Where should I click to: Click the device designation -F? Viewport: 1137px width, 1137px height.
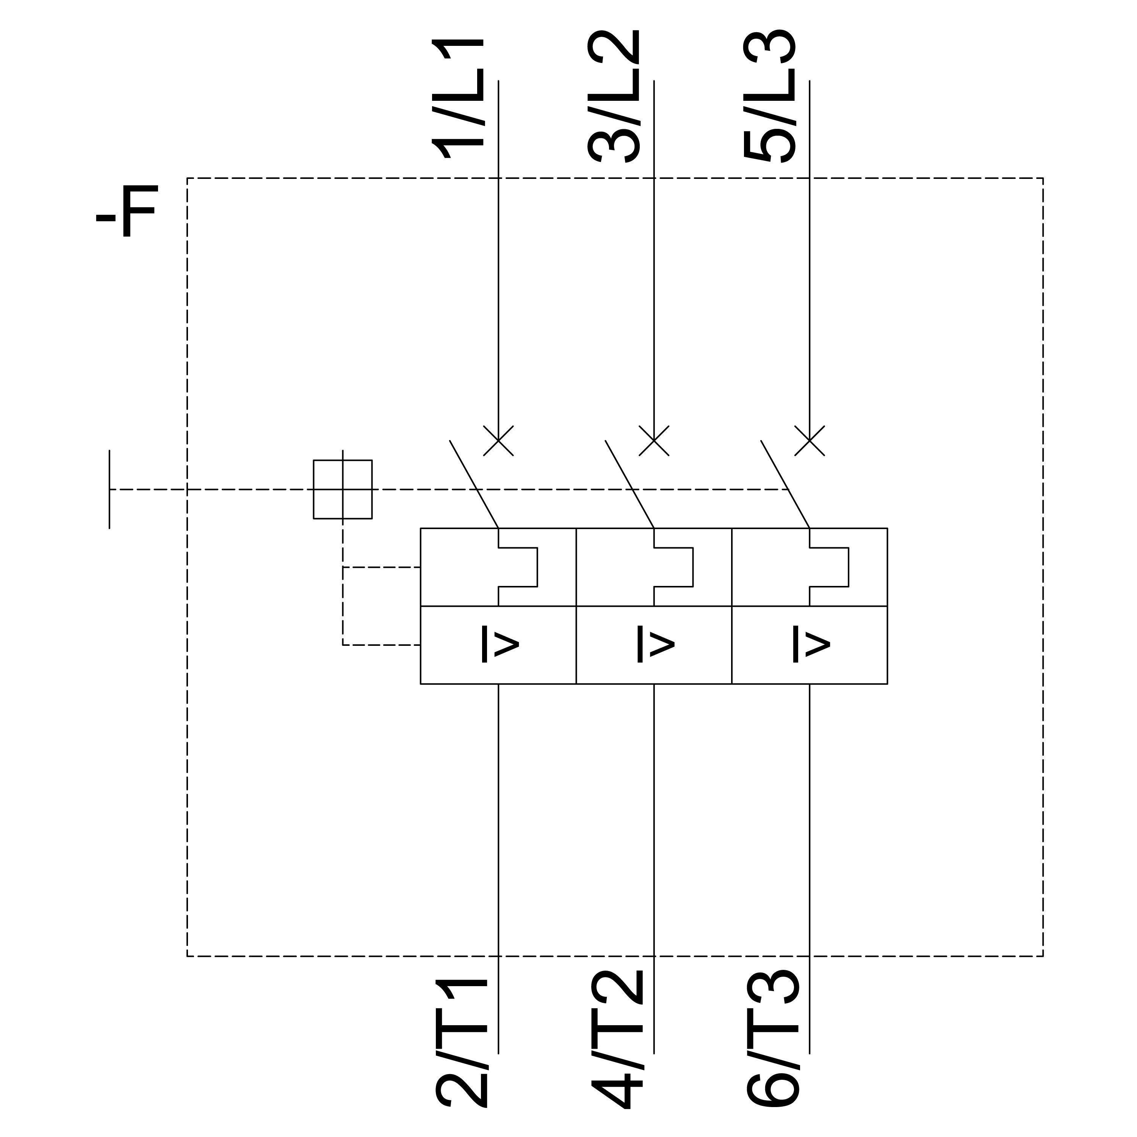pos(127,211)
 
